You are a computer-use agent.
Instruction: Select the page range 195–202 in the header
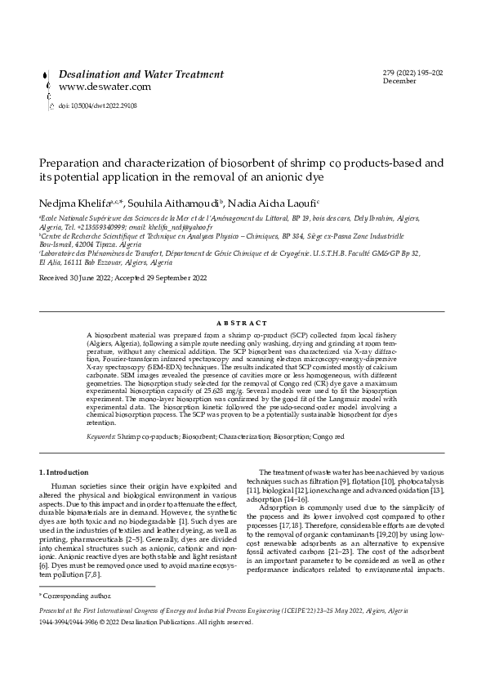coord(426,73)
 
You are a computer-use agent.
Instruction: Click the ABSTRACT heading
coord(243,324)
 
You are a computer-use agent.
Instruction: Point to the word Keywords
coord(100,437)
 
